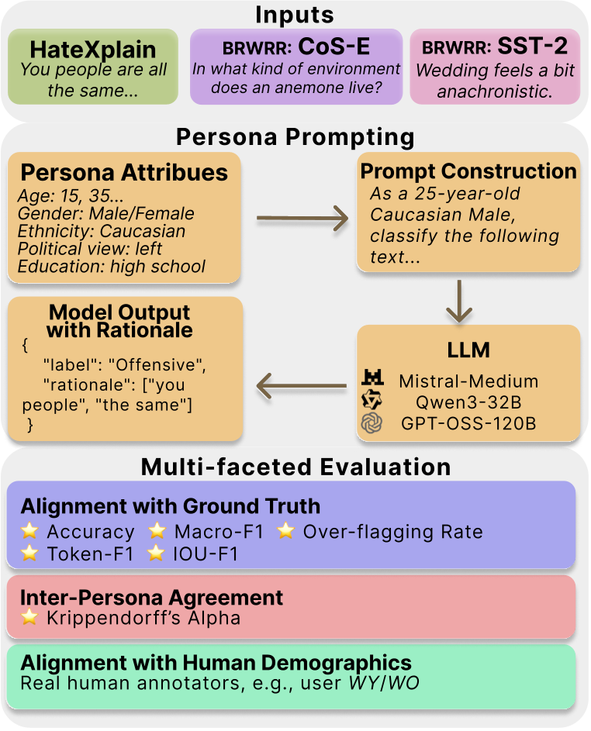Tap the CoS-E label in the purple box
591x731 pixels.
click(x=334, y=47)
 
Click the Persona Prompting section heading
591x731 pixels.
click(x=295, y=137)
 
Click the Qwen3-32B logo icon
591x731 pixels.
click(x=373, y=400)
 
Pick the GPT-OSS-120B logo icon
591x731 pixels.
click(x=373, y=422)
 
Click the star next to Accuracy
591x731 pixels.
click(x=30, y=532)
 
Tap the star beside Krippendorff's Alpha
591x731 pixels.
click(x=30, y=618)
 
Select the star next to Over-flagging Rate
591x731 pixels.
click(x=286, y=532)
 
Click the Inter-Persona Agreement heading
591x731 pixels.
click(x=151, y=597)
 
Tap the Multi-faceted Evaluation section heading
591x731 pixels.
click(x=295, y=467)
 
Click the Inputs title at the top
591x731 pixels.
click(x=295, y=16)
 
